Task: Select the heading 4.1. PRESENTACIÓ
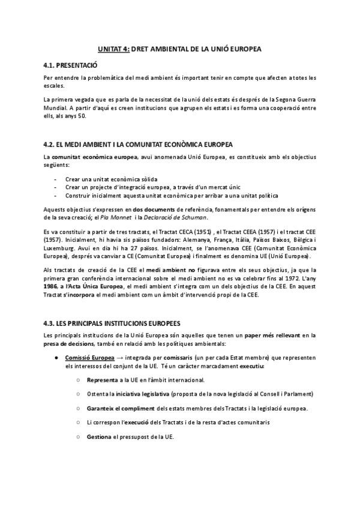tap(71, 64)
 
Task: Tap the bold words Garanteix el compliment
tap(121, 408)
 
